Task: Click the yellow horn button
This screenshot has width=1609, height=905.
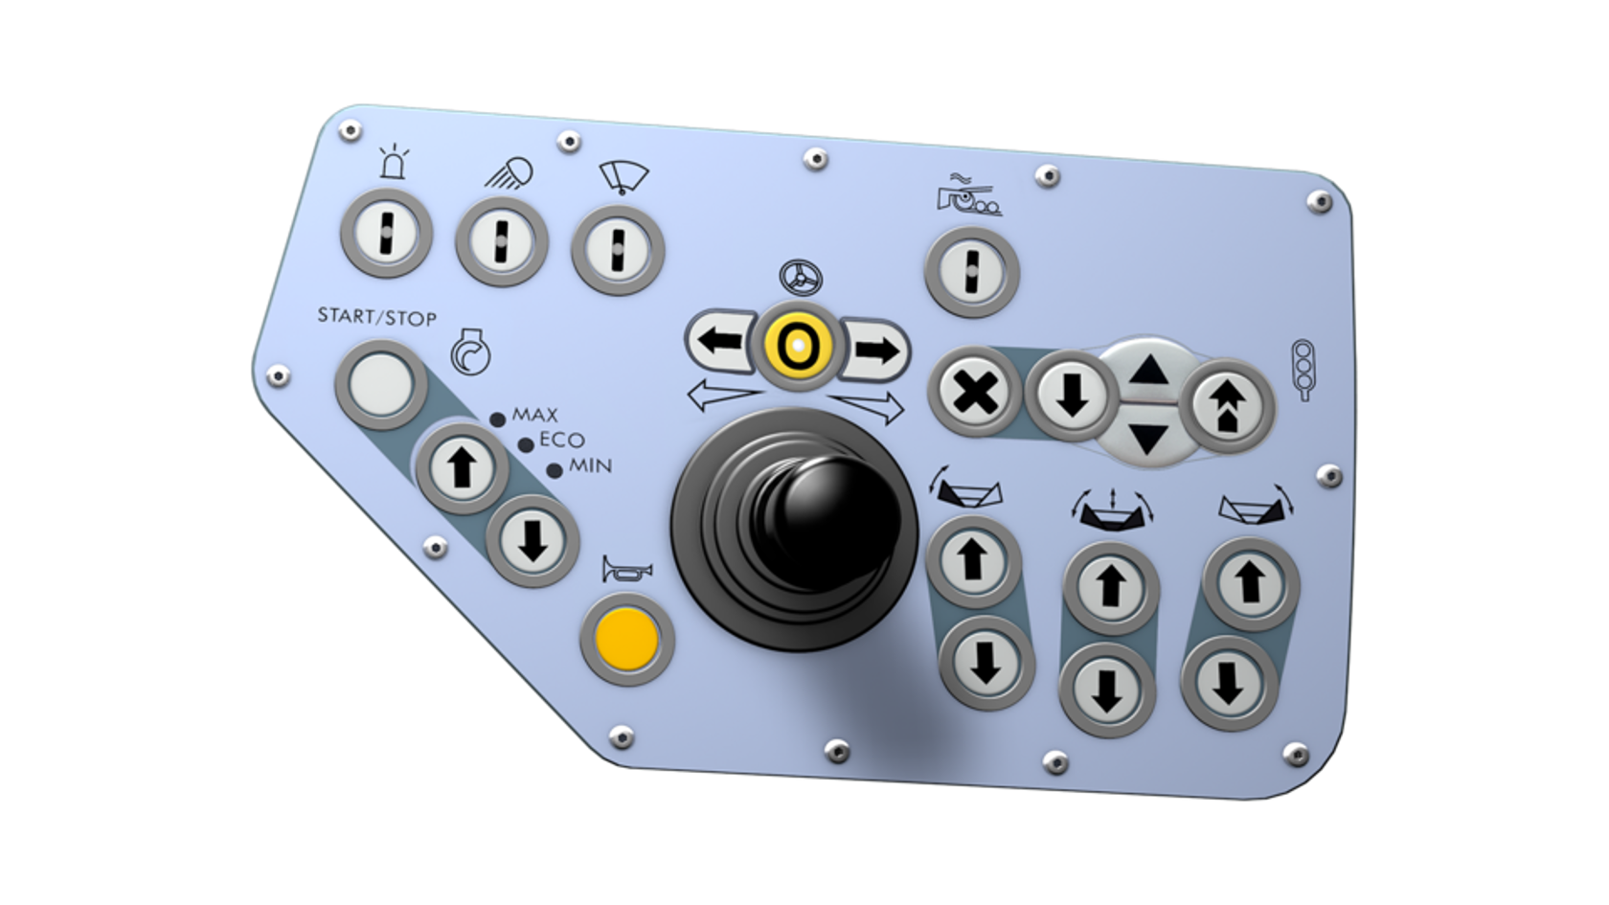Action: pos(627,638)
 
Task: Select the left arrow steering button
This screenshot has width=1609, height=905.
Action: pos(721,341)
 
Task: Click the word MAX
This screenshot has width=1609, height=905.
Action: pos(534,415)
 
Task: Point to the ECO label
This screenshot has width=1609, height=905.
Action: pos(561,441)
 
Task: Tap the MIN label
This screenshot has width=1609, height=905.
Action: pos(590,466)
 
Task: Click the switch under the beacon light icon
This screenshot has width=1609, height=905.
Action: pos(387,233)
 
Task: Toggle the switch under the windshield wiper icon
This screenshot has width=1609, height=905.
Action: pos(618,249)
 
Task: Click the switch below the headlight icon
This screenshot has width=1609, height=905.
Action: pos(501,240)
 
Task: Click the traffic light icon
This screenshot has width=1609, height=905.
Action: pos(1303,369)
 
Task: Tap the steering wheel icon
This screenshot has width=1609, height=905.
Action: pos(801,279)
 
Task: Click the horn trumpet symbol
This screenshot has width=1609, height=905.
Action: pos(626,570)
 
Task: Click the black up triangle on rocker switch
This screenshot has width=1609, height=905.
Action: pos(1149,369)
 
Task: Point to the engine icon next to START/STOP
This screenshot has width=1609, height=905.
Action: pos(470,352)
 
